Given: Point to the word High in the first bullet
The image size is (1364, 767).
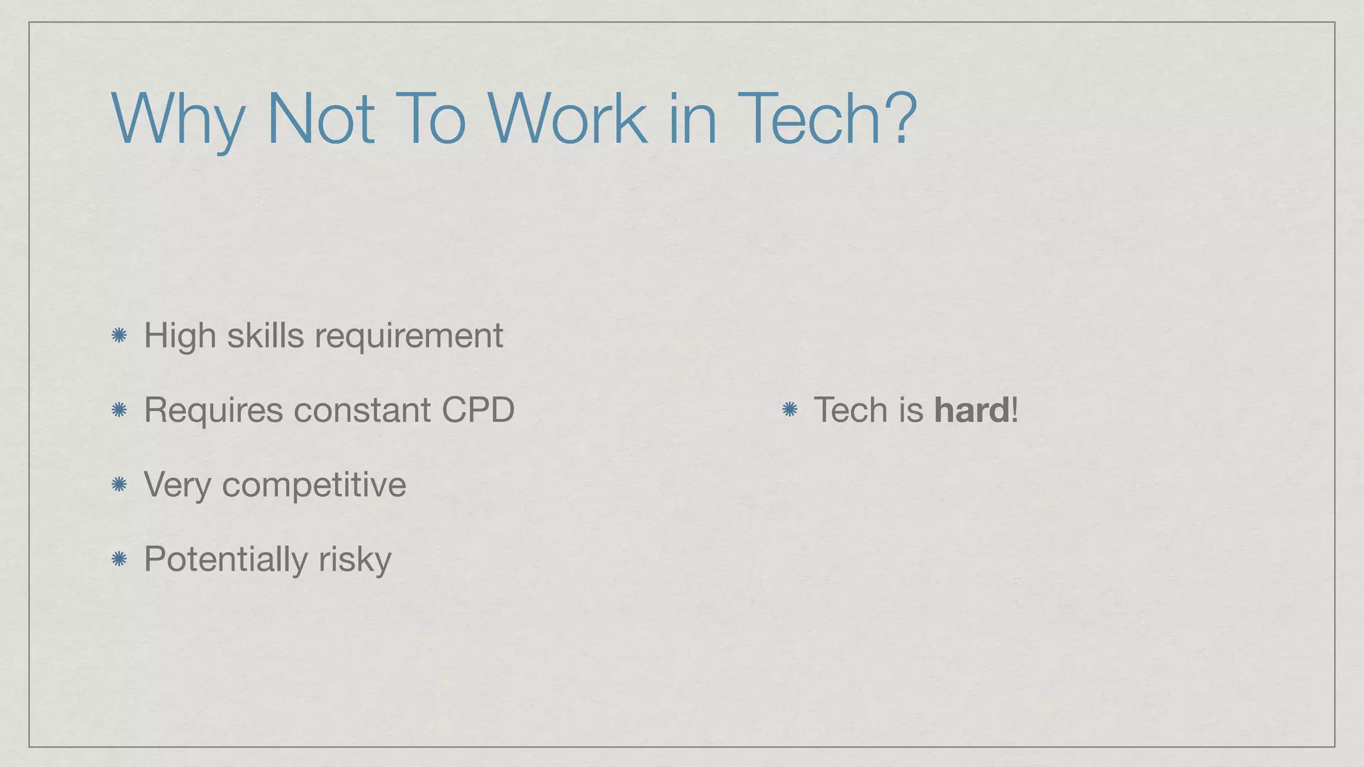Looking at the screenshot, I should click(x=180, y=336).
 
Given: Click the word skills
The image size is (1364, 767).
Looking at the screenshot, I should click(x=265, y=336).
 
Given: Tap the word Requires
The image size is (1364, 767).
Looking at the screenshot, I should click(x=213, y=410).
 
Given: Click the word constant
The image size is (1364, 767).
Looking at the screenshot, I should click(x=362, y=410).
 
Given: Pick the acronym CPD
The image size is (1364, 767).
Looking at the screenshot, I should click(x=478, y=410).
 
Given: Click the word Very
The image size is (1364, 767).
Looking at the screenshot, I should click(x=176, y=485).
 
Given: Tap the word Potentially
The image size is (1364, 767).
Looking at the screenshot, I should click(x=225, y=559).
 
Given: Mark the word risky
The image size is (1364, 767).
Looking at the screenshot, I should click(x=354, y=559).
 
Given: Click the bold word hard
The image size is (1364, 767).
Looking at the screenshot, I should click(x=972, y=410).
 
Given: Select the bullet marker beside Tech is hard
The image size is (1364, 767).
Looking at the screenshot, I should click(x=789, y=410).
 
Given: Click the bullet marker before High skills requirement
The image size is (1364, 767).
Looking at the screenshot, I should click(x=119, y=336).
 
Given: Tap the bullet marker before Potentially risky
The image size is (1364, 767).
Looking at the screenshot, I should click(x=119, y=559).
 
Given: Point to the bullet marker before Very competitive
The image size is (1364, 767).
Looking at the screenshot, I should click(x=119, y=485).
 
